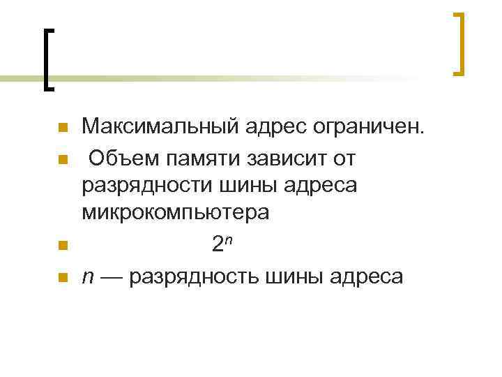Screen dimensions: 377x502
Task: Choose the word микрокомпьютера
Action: coord(174,213)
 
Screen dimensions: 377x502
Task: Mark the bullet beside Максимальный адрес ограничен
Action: coord(61,128)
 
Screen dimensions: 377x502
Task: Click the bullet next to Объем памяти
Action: coord(61,160)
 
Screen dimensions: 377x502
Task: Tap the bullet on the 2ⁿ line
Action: coord(61,245)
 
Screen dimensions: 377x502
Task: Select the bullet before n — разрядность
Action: coord(61,278)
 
